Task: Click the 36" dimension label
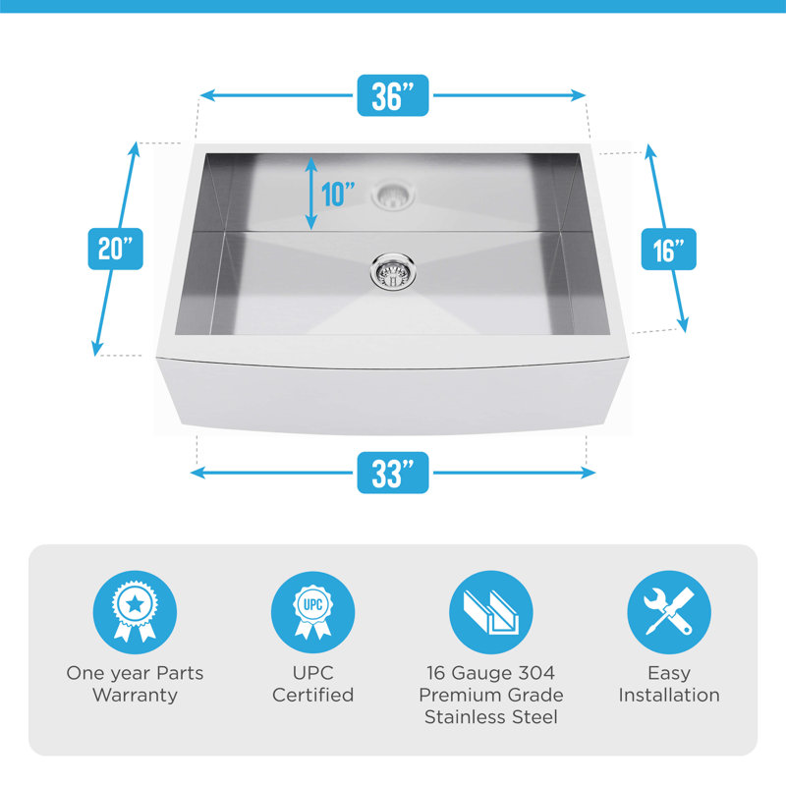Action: (392, 95)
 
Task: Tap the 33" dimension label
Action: (392, 473)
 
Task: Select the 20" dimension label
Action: (115, 250)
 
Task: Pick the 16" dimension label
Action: (669, 250)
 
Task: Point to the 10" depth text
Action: (337, 194)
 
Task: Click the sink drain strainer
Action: (392, 271)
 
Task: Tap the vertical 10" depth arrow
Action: (311, 194)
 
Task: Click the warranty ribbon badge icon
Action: (135, 612)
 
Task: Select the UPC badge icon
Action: (312, 612)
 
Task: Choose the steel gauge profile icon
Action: (490, 612)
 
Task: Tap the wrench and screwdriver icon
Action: (669, 612)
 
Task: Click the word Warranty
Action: (135, 696)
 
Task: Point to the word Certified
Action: (312, 695)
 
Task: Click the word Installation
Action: (669, 695)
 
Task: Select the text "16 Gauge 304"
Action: (490, 673)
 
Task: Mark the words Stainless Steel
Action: (490, 717)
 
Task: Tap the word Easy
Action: (669, 673)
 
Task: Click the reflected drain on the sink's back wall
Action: (393, 195)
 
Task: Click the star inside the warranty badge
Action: (135, 604)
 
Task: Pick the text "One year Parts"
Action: (135, 673)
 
